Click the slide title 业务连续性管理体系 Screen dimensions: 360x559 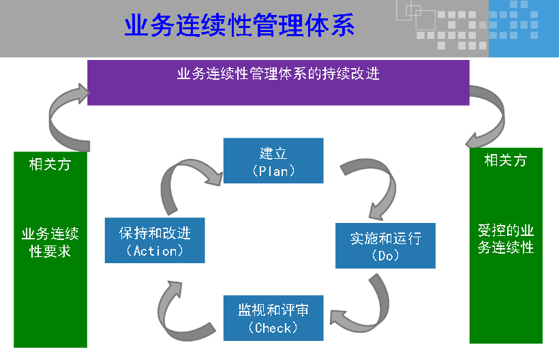point(239,27)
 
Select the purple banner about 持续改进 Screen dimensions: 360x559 point(278,82)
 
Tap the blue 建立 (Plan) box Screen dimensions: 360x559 point(273,161)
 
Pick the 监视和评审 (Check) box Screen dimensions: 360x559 point(273,318)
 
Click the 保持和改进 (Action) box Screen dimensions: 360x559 point(155,241)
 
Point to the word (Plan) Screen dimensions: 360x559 point(273,171)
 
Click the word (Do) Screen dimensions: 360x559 point(385,256)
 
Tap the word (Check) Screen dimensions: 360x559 point(273,328)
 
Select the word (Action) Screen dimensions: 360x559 point(155,251)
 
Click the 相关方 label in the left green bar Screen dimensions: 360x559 point(50,164)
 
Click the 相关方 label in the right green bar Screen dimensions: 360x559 point(505,161)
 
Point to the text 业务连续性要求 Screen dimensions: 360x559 point(50,243)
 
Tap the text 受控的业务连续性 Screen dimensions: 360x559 point(505,239)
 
